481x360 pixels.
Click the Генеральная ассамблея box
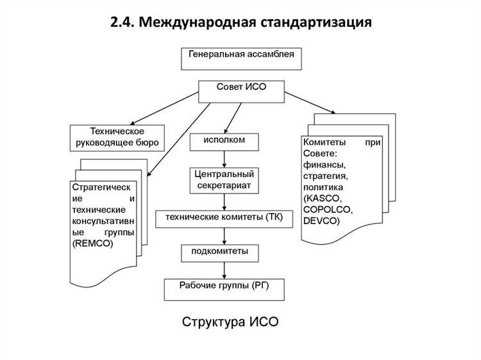[x=241, y=58]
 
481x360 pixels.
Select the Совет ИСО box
[x=241, y=90]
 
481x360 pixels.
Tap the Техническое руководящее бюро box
[x=116, y=137]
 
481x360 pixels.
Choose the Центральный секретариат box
[x=224, y=180]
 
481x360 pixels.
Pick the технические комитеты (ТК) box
[x=224, y=218]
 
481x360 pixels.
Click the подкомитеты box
[x=224, y=252]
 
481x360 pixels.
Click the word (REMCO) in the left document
[x=94, y=244]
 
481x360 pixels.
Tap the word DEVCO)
[x=322, y=221]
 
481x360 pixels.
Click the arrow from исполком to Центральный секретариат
[x=224, y=159]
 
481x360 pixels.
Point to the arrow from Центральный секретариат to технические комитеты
[x=224, y=202]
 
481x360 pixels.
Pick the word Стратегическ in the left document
[x=101, y=187]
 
